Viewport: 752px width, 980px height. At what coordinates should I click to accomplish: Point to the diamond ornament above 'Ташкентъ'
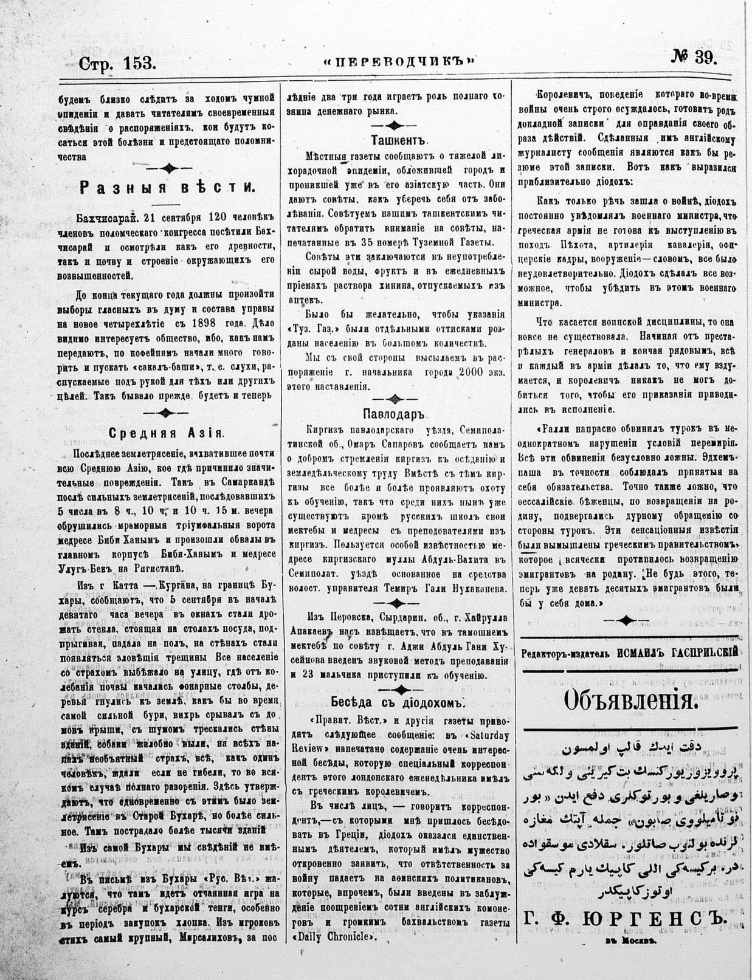[395, 125]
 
